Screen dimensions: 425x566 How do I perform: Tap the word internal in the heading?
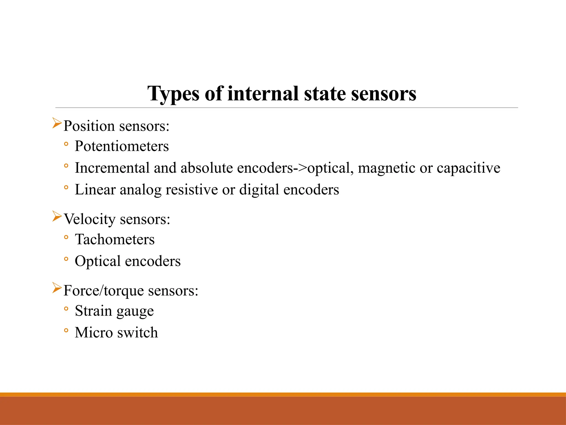coord(263,94)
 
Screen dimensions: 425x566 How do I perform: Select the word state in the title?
coord(324,94)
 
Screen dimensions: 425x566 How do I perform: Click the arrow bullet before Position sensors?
coord(57,123)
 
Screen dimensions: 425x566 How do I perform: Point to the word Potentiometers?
coord(122,146)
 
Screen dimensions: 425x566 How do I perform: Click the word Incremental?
coord(112,168)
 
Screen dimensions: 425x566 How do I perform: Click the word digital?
coord(259,190)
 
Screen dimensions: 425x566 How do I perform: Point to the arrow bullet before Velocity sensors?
coord(57,216)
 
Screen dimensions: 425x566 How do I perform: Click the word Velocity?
coord(90,219)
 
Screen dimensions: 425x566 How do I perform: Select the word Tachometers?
coord(115,239)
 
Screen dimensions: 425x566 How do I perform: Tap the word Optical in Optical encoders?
coord(98,261)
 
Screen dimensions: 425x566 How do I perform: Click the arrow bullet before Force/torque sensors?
coord(57,288)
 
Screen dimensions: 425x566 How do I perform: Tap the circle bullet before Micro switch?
coord(66,330)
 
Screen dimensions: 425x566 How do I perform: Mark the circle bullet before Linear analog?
coord(66,187)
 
